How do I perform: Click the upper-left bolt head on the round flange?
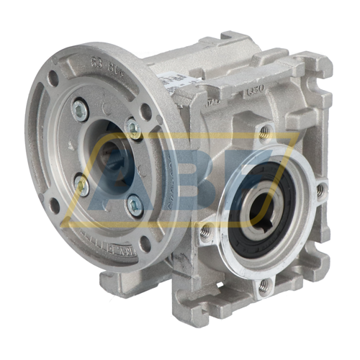point(81,110)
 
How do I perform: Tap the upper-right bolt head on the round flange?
point(133,130)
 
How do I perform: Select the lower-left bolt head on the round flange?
point(83,186)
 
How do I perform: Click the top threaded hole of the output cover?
point(264,132)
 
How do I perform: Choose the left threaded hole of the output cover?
point(206,230)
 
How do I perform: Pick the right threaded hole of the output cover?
point(319,190)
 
